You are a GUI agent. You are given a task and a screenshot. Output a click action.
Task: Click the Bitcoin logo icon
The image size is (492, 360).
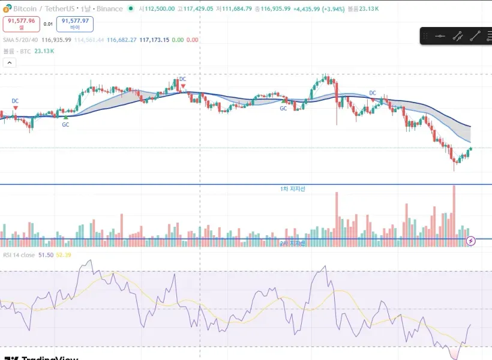(7, 8)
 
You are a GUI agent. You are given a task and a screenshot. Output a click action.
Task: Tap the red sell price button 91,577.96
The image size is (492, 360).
(22, 23)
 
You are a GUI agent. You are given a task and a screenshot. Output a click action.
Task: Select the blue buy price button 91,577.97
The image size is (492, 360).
(74, 23)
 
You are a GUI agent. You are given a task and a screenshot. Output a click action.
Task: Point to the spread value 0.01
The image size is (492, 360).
(48, 24)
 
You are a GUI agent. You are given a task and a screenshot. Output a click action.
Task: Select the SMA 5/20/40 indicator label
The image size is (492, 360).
(20, 40)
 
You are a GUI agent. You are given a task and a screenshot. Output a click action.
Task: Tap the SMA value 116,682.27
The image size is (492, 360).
(121, 40)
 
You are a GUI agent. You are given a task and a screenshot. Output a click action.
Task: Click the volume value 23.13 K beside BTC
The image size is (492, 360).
(44, 51)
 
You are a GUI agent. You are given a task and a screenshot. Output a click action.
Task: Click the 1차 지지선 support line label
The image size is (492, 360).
(293, 189)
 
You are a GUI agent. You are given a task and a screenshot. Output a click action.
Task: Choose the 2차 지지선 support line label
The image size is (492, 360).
(293, 243)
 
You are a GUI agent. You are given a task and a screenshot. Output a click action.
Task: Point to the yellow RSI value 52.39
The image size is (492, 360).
(64, 255)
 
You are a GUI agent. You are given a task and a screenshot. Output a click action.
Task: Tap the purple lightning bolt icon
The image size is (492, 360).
(471, 241)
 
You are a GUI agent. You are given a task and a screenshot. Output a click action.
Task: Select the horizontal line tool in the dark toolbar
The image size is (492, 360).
(440, 36)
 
